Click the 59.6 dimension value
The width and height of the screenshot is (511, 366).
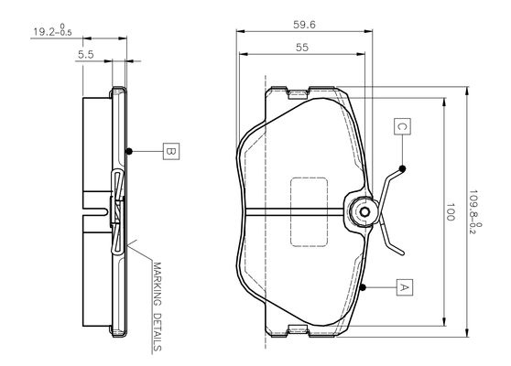(304, 25)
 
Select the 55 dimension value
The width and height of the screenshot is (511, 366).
(302, 48)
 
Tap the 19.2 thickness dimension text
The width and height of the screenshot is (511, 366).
(52, 30)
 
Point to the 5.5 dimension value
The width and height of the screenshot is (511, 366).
(86, 55)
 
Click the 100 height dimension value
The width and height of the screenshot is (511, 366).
(450, 212)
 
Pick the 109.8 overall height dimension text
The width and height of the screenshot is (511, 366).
(474, 212)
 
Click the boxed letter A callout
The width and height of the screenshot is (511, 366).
(405, 287)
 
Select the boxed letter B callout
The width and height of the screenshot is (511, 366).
(171, 151)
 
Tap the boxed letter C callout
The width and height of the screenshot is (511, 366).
(402, 126)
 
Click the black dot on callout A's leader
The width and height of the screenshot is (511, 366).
(363, 287)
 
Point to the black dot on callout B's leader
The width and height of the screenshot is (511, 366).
(129, 151)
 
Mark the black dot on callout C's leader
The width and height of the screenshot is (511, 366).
(402, 168)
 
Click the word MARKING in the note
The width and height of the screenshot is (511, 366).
(158, 284)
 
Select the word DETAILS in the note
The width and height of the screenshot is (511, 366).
(158, 332)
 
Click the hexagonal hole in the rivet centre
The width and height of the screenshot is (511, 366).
(364, 212)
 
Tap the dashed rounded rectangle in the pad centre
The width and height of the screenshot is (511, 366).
(309, 212)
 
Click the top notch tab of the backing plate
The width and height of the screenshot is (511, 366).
(298, 93)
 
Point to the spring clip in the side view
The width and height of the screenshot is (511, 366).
(117, 211)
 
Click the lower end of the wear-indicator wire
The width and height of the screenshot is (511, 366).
(402, 253)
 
